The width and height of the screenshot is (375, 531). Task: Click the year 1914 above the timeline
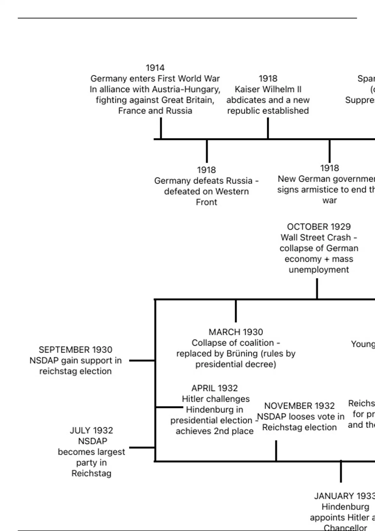(155, 68)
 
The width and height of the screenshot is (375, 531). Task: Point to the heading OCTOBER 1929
(319, 227)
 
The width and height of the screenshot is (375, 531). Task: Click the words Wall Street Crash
(316, 237)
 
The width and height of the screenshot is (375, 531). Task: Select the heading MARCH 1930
(236, 332)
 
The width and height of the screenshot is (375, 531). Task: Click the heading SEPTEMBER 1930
(75, 350)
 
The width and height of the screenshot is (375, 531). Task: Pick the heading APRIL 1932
(214, 388)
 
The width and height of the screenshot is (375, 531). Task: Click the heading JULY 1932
(91, 430)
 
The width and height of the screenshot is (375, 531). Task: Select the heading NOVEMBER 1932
(299, 406)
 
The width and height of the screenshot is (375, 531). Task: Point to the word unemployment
(319, 270)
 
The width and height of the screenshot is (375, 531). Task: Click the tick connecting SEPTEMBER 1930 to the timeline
(142, 360)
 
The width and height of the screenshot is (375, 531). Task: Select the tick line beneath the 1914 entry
(161, 128)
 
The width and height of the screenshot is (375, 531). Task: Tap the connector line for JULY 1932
(142, 447)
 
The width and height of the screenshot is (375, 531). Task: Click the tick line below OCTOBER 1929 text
(317, 289)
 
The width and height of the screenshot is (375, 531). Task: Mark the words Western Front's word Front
(206, 202)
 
